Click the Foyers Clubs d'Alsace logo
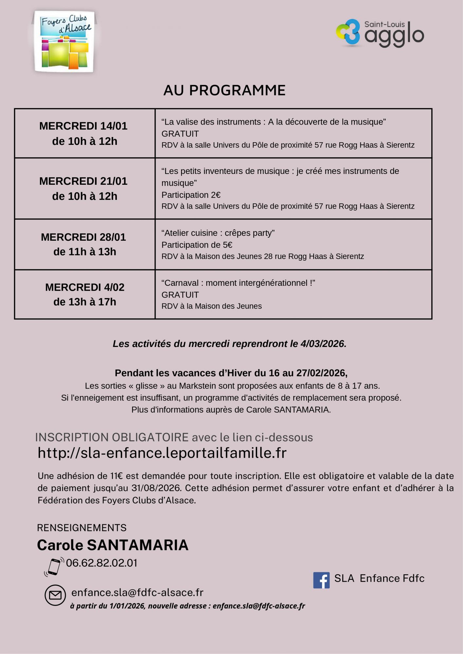(65, 42)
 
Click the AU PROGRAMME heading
(224, 91)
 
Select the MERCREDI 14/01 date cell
(84, 133)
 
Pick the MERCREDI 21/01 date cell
(84, 189)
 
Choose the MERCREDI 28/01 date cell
(84, 244)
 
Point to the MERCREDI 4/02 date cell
(84, 294)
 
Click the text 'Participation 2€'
(191, 195)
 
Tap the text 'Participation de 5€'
(197, 245)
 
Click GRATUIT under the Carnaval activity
(180, 295)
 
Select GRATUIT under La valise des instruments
(180, 134)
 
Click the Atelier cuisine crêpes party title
(218, 233)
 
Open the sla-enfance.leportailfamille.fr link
(162, 453)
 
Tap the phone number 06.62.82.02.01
(102, 563)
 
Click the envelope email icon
(55, 595)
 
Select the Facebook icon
(321, 580)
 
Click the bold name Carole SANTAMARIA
(113, 545)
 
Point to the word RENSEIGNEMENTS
(82, 528)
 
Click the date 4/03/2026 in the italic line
(323, 344)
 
